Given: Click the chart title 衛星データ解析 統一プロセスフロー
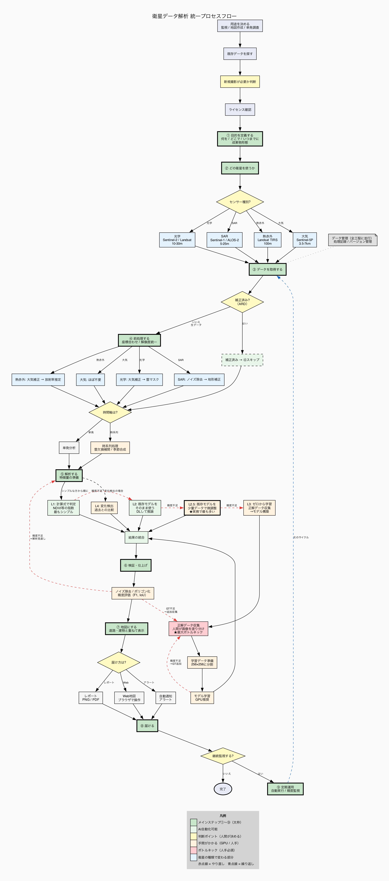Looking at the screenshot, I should (x=194, y=16).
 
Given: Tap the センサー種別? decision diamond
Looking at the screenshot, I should (x=240, y=202).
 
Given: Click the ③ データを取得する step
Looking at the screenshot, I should (x=267, y=269).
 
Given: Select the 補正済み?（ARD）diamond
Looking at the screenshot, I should (x=242, y=302).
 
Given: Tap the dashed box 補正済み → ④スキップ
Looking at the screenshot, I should (x=242, y=360).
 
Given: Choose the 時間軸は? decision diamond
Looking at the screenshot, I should (x=110, y=413).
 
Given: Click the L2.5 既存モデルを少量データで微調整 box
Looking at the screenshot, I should (x=202, y=508).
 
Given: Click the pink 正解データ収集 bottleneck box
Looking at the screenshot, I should (x=188, y=629).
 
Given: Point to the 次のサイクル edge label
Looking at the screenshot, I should (x=301, y=537).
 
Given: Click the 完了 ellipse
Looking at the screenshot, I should (x=223, y=789).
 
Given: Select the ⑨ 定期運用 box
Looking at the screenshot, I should (x=285, y=789).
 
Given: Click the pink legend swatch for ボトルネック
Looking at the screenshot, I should (x=194, y=850).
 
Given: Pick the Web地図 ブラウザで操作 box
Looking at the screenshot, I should (x=129, y=698).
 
